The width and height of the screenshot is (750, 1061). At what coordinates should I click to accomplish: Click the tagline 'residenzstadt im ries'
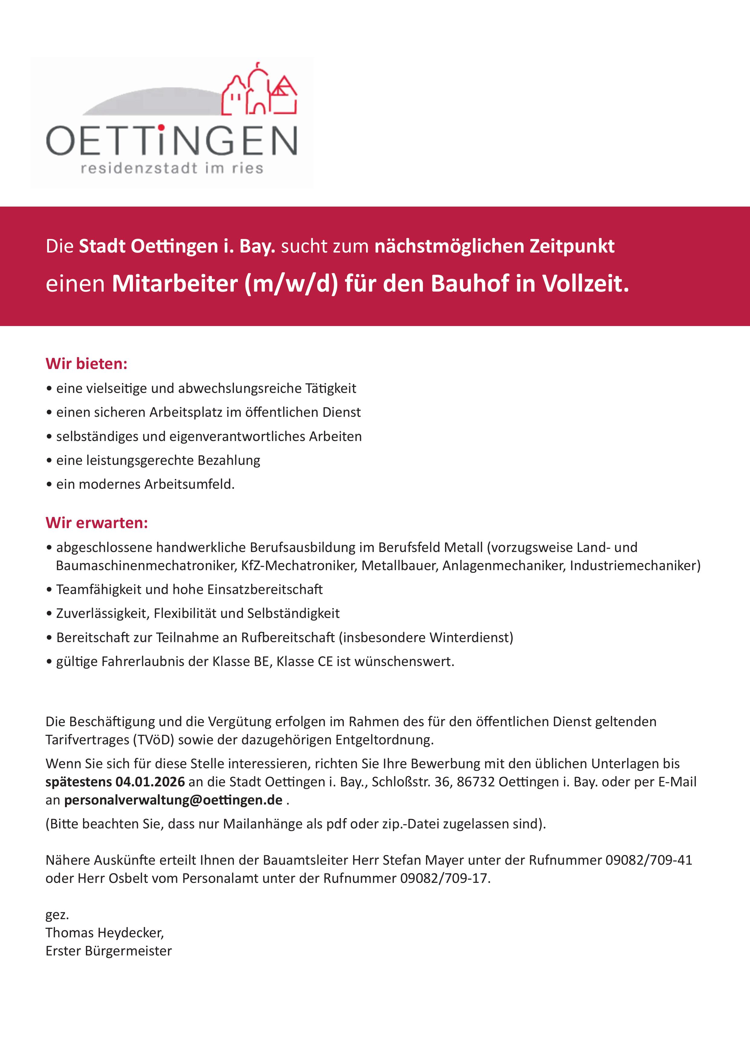pyautogui.click(x=172, y=168)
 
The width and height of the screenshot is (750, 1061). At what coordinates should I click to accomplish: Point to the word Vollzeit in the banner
pyautogui.click(x=585, y=283)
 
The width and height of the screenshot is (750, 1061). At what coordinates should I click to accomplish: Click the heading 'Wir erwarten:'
pyautogui.click(x=96, y=523)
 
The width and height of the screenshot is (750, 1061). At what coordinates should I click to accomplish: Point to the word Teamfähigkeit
pyautogui.click(x=100, y=590)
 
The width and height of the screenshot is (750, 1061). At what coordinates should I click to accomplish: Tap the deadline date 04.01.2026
pyautogui.click(x=150, y=782)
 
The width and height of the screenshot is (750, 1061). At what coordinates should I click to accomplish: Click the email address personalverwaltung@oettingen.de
pyautogui.click(x=173, y=800)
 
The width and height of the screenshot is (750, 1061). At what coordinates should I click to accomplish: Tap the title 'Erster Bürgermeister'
pyautogui.click(x=109, y=951)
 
